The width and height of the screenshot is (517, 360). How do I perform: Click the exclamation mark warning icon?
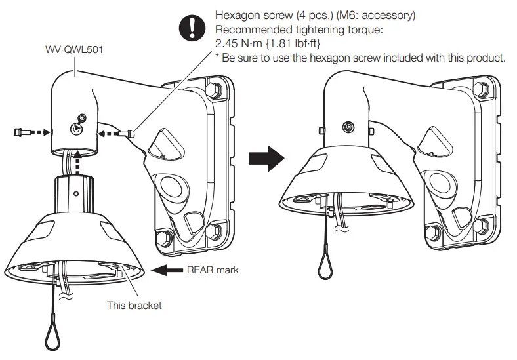192,28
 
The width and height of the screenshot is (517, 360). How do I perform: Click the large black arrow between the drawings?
264,158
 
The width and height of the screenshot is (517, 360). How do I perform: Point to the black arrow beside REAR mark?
168,269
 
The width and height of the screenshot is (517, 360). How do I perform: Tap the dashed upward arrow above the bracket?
78,160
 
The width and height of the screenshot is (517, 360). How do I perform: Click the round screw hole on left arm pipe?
77,128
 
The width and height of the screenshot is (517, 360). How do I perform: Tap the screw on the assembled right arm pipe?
346,126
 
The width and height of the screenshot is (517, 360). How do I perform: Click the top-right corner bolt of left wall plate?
218,90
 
